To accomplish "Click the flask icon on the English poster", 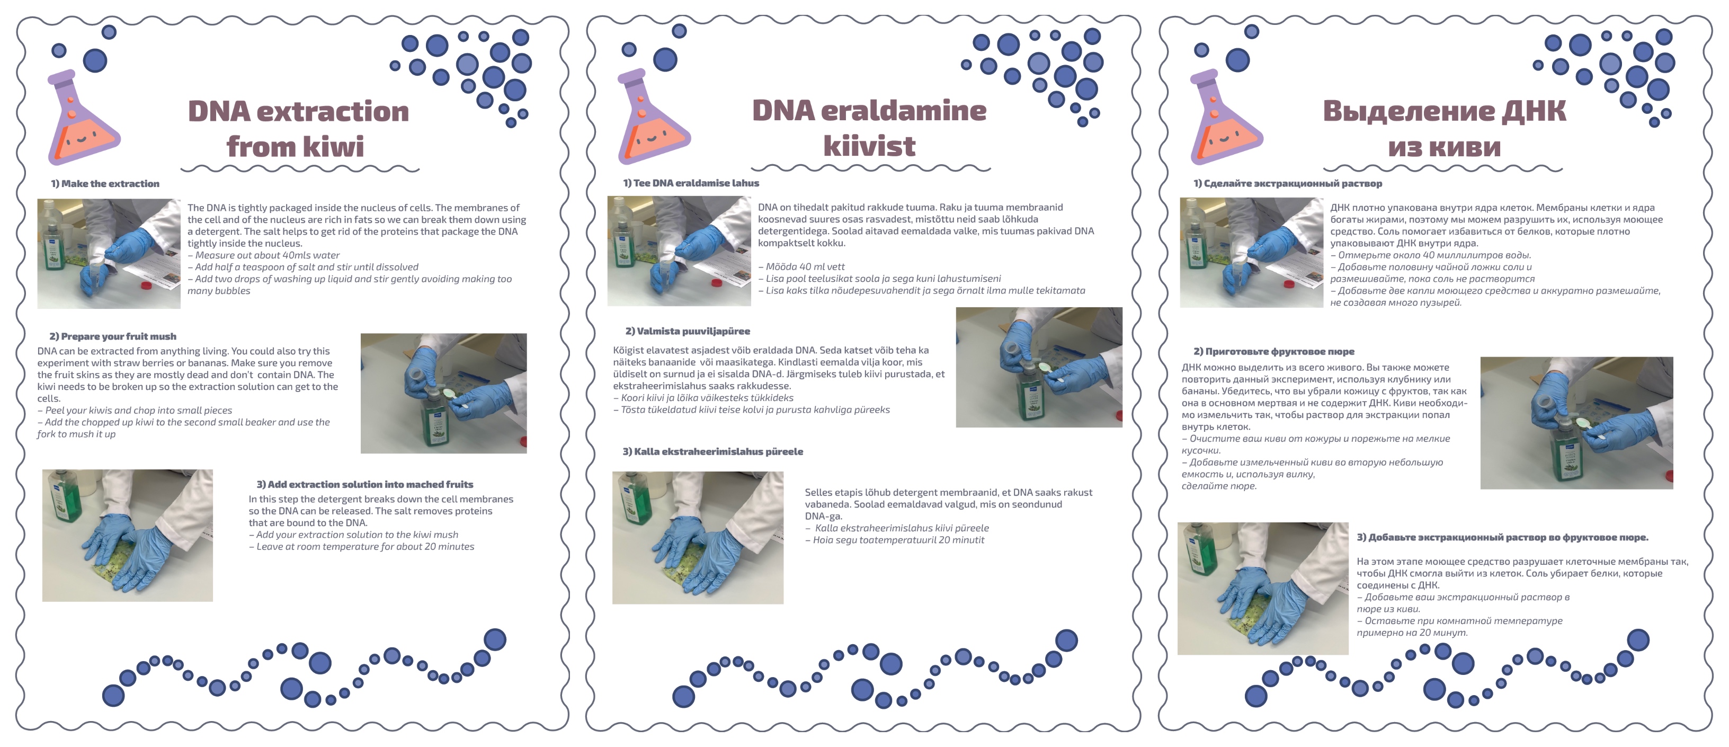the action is [82, 118].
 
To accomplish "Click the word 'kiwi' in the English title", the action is [333, 146].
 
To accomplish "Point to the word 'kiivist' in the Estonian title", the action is [869, 146].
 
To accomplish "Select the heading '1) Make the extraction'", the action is [105, 184].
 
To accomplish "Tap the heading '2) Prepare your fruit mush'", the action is [113, 336].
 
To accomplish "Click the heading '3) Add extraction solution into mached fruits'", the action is [365, 484].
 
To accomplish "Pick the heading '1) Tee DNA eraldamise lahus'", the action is [691, 183].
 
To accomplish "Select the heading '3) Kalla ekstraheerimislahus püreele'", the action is [713, 451].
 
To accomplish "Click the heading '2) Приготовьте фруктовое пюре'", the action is [1274, 351].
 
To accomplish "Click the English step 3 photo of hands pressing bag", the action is [128, 535].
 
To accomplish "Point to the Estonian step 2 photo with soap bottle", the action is [1039, 367].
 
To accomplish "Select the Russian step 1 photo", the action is [1251, 252].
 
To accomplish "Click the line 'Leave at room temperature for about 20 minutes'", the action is [361, 546].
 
